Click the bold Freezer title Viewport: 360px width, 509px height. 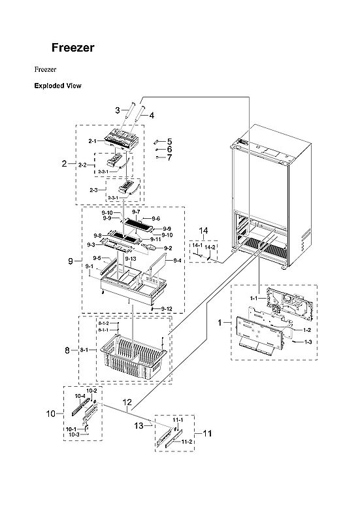click(x=73, y=48)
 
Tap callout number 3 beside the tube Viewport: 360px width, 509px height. click(x=117, y=110)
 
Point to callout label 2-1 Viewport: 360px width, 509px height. click(x=91, y=140)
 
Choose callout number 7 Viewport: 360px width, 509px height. click(x=169, y=157)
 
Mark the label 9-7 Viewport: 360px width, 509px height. click(x=136, y=212)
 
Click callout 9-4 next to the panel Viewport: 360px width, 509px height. click(x=178, y=259)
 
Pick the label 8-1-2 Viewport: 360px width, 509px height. click(x=103, y=323)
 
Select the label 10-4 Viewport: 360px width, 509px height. click(x=80, y=396)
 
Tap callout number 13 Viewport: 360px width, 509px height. click(x=138, y=425)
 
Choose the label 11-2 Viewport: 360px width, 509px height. click(x=186, y=442)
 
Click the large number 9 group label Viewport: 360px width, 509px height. click(x=70, y=261)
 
